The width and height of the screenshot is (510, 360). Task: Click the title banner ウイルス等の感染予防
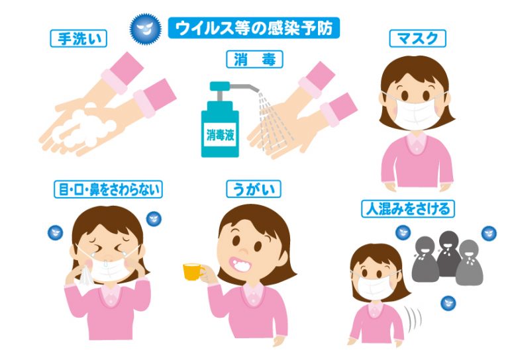pos(254,28)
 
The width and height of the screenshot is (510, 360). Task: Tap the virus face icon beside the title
pos(146,29)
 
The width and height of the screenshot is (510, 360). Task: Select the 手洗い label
pos(79,38)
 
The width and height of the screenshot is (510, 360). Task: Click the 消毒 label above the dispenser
pos(254,59)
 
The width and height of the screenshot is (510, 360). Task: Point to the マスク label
pos(418,38)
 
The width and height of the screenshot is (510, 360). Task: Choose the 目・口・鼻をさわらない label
pos(108,189)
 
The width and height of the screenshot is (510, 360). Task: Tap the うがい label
pos(254,189)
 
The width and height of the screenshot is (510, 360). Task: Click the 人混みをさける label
pos(408,209)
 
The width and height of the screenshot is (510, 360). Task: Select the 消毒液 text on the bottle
pos(220,135)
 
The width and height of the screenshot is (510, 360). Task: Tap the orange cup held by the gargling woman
pos(193,271)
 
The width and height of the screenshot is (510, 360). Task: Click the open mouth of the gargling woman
pos(240,264)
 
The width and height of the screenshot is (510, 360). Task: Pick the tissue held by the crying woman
pos(85,275)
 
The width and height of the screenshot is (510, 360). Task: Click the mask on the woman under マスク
pos(415,112)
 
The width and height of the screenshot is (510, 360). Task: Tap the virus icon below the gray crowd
pos(448,304)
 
